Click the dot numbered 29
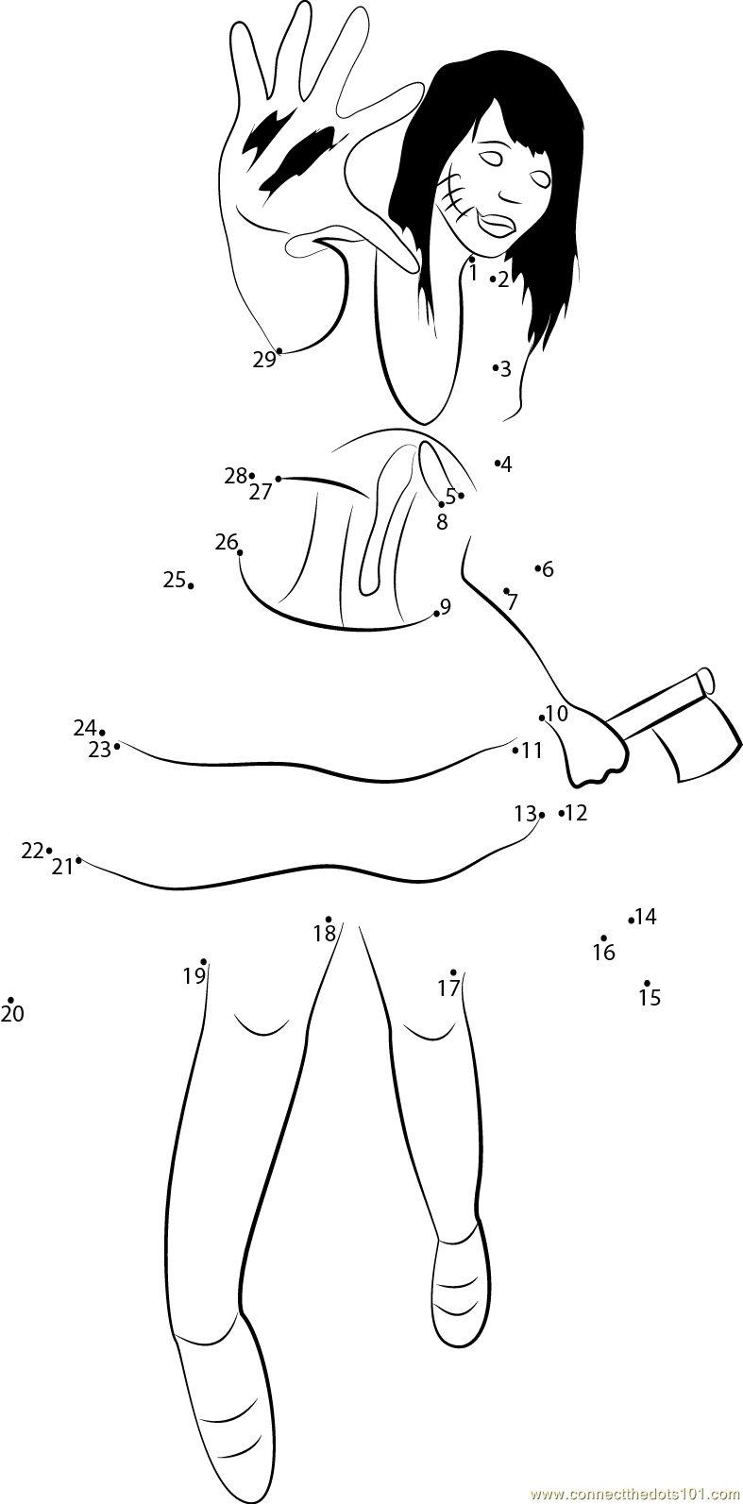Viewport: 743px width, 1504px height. (x=279, y=351)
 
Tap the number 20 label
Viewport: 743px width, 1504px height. (x=12, y=1015)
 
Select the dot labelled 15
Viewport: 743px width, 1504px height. (x=647, y=983)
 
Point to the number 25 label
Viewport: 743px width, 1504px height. (x=174, y=580)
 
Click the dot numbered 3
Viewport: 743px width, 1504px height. (x=495, y=367)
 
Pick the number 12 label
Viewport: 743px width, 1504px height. (x=575, y=812)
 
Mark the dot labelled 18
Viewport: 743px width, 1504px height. (x=329, y=919)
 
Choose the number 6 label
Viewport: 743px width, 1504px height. (x=548, y=569)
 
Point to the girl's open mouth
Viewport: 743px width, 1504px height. (x=495, y=225)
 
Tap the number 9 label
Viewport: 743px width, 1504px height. (x=446, y=606)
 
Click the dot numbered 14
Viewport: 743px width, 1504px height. (x=631, y=920)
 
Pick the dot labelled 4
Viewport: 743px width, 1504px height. (x=497, y=463)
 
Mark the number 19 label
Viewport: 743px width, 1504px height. (x=194, y=976)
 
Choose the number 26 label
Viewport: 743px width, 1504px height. (x=226, y=542)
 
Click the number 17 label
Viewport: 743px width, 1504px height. (x=447, y=989)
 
